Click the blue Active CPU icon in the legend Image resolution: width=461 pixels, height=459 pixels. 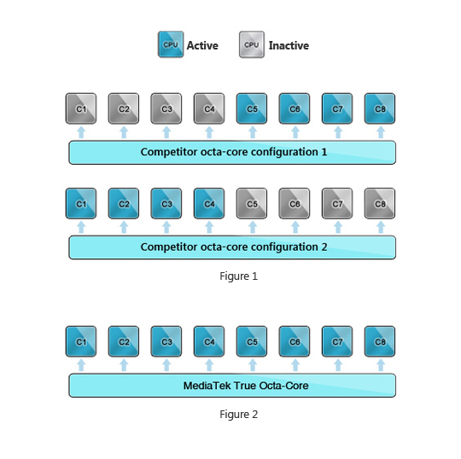pos(171,44)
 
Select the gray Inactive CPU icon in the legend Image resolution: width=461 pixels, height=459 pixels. pos(252,44)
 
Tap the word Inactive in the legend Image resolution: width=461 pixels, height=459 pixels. pos(289,45)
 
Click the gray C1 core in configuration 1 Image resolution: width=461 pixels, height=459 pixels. pos(81,108)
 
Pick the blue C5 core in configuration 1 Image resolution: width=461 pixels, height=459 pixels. pos(252,108)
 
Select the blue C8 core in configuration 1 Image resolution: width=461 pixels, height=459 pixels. pos(380,108)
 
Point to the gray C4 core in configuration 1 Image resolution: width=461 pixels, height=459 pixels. pos(209,108)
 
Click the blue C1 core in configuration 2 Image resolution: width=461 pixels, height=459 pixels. pos(81,203)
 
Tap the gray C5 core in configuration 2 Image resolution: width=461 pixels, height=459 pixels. pos(252,203)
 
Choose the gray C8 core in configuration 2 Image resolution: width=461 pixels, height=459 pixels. pos(380,203)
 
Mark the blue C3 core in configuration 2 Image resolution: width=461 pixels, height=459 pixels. pos(166,203)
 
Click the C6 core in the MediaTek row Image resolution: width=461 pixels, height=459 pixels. pos(295,341)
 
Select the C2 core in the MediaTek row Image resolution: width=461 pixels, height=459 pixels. pos(124,341)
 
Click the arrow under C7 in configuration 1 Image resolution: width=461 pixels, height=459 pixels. pos(338,132)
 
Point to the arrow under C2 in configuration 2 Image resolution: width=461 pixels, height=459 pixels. pos(124,227)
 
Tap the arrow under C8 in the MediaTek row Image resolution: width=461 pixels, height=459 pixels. pos(381,365)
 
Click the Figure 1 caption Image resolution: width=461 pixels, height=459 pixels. pos(238,276)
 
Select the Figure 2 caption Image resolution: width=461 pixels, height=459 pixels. pos(238,415)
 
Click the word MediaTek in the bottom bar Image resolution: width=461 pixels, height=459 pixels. pos(207,386)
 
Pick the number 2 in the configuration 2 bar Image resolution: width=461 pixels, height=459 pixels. pos(324,247)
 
